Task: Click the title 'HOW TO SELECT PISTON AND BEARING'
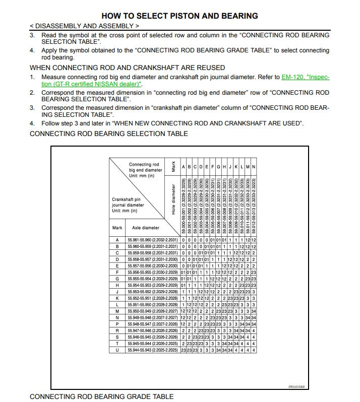(179, 16)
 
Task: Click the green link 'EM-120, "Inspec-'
(305, 77)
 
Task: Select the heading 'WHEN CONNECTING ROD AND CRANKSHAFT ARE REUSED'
(127, 68)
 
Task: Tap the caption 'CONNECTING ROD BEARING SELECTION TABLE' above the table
(108, 133)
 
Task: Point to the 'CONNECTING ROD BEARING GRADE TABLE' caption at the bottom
(101, 396)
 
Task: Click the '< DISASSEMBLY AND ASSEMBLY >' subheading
(85, 25)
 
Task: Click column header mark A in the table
(183, 167)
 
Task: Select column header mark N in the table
(254, 167)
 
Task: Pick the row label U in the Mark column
(117, 350)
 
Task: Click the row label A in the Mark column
(117, 240)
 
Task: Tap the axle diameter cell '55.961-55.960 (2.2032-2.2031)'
(152, 240)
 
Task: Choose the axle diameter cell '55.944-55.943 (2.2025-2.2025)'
(152, 350)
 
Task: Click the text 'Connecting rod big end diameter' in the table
(145, 170)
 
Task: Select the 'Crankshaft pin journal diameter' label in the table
(128, 205)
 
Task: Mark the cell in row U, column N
(254, 350)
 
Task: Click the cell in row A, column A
(183, 240)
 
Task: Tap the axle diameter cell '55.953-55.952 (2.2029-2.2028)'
(152, 292)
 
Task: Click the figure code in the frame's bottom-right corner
(296, 387)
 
